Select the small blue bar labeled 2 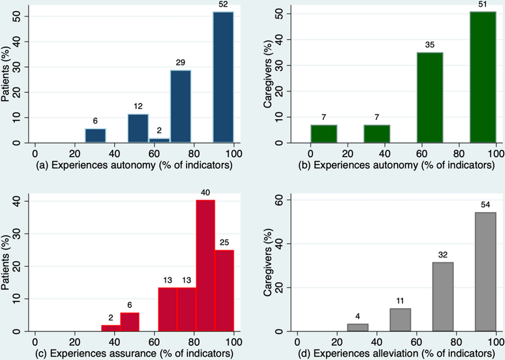click(x=159, y=140)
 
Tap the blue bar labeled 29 click(x=181, y=106)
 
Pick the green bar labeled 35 click(x=430, y=97)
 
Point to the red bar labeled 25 click(x=224, y=290)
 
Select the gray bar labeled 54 click(x=485, y=271)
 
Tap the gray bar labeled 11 click(x=400, y=320)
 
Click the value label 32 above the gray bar click(x=443, y=255)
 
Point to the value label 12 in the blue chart click(x=138, y=106)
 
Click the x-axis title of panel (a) click(x=134, y=165)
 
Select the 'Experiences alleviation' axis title click(x=396, y=353)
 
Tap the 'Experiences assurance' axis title click(x=134, y=353)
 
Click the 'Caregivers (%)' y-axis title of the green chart click(x=268, y=74)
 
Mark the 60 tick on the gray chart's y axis click(x=278, y=200)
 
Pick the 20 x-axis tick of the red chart click(x=74, y=342)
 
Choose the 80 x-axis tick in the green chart click(x=459, y=154)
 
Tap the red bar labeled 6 click(x=130, y=322)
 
